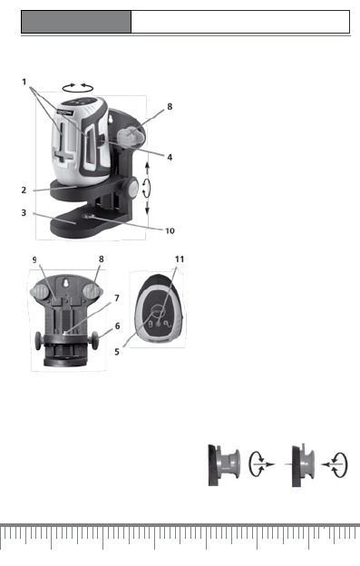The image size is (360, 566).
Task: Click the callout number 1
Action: tap(24, 82)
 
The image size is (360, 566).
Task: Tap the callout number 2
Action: tap(24, 190)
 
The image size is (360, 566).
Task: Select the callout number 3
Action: tap(24, 212)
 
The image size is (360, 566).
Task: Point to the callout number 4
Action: tap(170, 157)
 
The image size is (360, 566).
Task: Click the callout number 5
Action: tap(117, 352)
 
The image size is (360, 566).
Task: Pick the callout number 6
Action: tap(117, 326)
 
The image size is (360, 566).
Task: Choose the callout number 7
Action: tap(117, 298)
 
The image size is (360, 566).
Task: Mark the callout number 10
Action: tap(170, 231)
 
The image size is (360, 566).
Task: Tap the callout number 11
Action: tap(180, 259)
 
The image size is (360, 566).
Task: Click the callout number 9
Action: tap(34, 260)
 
